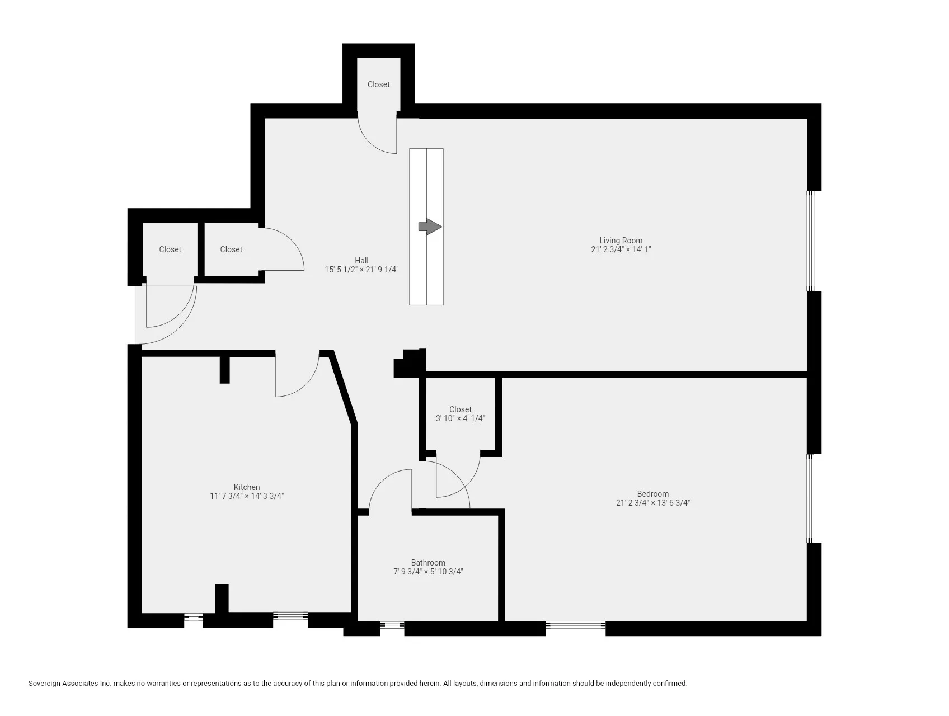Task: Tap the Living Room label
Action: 621,241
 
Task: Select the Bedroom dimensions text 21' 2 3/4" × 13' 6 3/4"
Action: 652,503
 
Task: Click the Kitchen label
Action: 247,487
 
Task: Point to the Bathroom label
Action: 428,563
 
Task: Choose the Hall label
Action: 361,260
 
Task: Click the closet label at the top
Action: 378,84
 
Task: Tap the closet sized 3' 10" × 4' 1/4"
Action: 460,414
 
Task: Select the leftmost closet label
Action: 170,249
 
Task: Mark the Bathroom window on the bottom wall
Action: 392,625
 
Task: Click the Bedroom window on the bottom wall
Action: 575,625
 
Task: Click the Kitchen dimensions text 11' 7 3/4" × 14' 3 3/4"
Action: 247,496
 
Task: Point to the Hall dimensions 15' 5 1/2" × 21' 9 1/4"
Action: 361,270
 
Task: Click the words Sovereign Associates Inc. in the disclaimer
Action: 70,684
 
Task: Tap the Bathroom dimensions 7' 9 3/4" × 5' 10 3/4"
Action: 428,572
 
